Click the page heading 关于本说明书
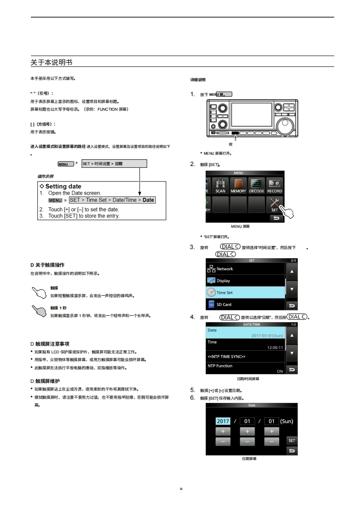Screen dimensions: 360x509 (x=51, y=62)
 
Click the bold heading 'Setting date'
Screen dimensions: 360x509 (x=63, y=186)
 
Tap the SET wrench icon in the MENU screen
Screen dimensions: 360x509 (x=275, y=204)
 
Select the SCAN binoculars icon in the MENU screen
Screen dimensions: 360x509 (x=220, y=185)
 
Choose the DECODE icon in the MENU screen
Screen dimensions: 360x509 (x=256, y=185)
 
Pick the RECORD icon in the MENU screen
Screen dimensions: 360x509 (x=274, y=185)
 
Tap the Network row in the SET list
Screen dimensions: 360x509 (x=245, y=269)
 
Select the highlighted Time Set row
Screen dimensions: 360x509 (x=245, y=293)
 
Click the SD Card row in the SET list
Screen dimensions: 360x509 (x=245, y=304)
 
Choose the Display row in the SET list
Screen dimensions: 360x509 (x=245, y=281)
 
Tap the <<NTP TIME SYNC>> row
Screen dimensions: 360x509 (x=245, y=357)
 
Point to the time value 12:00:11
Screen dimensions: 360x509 (x=275, y=347)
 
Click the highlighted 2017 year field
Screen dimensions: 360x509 (x=223, y=421)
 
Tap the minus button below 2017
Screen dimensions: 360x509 (x=223, y=441)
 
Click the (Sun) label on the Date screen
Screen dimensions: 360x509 (x=286, y=421)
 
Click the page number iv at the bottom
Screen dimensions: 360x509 (x=181, y=489)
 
